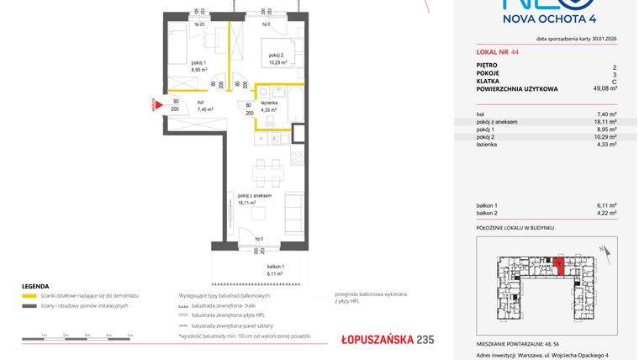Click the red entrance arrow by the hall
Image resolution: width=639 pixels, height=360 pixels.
[x=155, y=106]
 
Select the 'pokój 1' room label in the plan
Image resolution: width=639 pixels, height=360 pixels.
[x=198, y=66]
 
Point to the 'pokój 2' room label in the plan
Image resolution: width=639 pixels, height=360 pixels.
[x=277, y=58]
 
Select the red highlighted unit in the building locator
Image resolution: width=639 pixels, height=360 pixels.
[x=559, y=266]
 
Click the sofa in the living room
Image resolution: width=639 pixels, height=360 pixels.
[x=294, y=209]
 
